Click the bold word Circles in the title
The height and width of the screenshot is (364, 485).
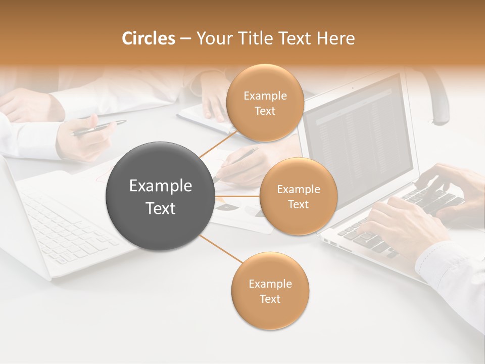[148, 38]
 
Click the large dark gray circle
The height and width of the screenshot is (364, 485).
[160, 196]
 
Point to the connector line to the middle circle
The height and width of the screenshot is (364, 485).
[236, 196]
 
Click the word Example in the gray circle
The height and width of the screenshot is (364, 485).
[160, 186]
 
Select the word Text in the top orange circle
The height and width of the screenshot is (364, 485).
[265, 111]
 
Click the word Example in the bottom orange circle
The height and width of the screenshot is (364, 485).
[270, 284]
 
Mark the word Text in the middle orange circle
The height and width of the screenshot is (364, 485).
[298, 204]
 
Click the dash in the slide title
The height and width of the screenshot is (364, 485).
[185, 38]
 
